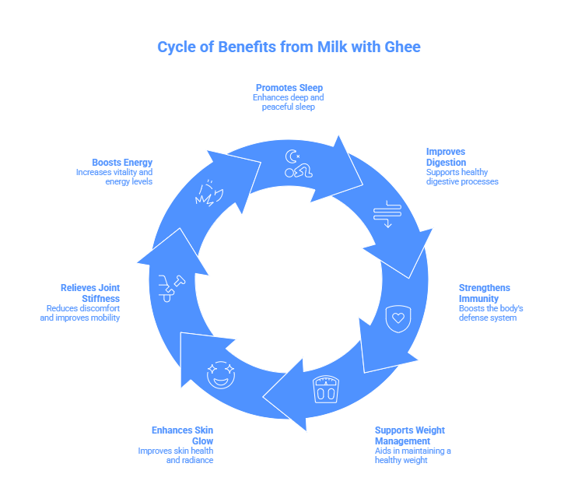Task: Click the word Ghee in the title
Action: point(401,47)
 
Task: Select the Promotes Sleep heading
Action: point(289,87)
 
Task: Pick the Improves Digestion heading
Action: point(446,156)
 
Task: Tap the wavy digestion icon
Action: point(387,213)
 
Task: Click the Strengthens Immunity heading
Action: point(485,293)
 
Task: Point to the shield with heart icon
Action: point(398,318)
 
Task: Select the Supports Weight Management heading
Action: point(410,435)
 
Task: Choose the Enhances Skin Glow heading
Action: point(183,435)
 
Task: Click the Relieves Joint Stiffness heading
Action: point(90,293)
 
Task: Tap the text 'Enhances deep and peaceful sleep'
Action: point(289,102)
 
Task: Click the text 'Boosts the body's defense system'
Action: point(490,313)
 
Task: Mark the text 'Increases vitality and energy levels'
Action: point(114,176)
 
